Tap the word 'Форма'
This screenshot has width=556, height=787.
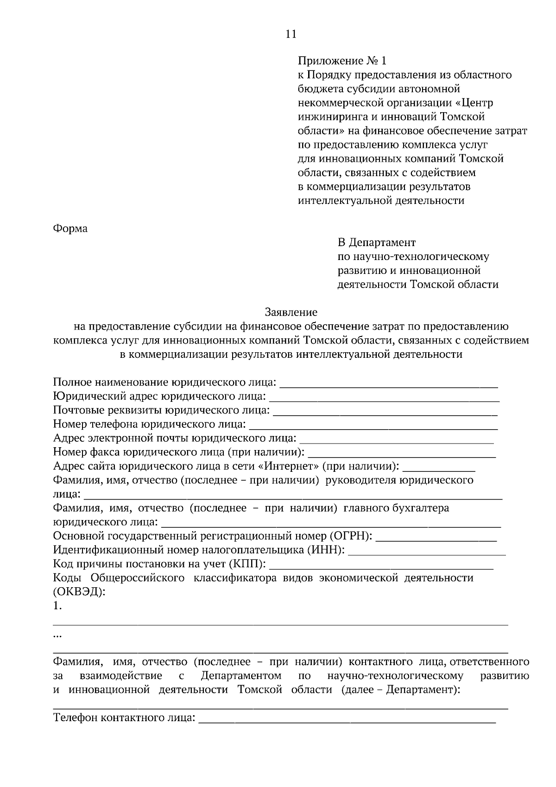[x=70, y=228]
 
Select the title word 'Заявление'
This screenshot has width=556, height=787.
[x=291, y=312]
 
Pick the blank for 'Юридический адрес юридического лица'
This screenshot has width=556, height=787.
[x=384, y=398]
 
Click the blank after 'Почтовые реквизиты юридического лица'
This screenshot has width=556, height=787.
[x=385, y=412]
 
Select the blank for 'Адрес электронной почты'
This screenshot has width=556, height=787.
[x=397, y=439]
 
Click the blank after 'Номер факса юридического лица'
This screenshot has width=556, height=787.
[x=402, y=453]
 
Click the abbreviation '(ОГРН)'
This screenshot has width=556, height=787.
[x=351, y=536]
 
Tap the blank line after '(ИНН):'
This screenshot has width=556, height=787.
[x=427, y=551]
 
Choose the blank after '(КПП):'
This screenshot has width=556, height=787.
[x=381, y=565]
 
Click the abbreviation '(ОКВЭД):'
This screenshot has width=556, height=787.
[x=79, y=592]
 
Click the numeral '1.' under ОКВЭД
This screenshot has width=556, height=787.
[x=57, y=606]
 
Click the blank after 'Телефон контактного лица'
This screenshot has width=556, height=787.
[x=347, y=719]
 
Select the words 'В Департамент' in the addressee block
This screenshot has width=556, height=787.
[x=376, y=242]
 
